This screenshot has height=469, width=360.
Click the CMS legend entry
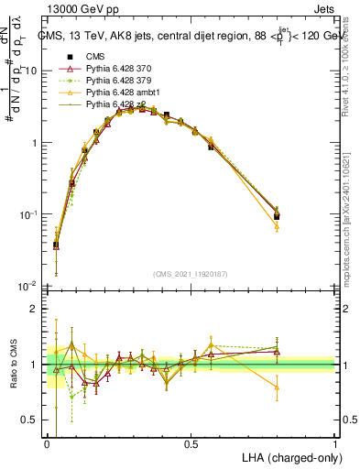91,56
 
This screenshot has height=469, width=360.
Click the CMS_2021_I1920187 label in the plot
191,274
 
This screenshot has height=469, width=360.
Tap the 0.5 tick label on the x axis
191,443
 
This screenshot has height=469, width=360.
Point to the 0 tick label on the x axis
48,443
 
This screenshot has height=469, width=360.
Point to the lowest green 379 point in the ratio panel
71,397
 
